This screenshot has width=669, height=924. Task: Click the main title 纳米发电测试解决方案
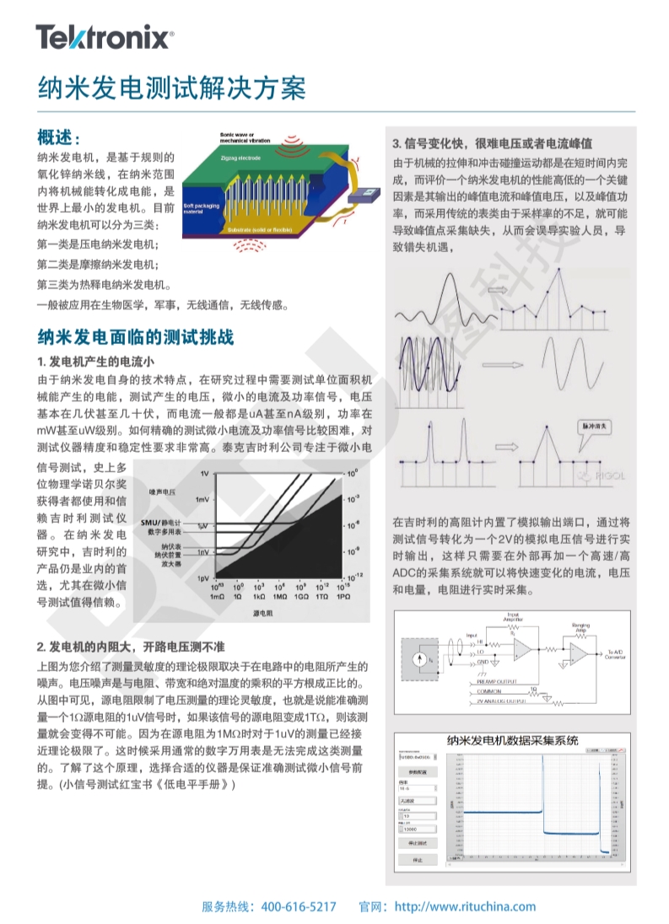pyautogui.click(x=170, y=87)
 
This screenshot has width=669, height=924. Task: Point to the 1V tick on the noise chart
pyautogui.click(x=205, y=474)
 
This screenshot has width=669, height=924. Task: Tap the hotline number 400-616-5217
pyautogui.click(x=299, y=907)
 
